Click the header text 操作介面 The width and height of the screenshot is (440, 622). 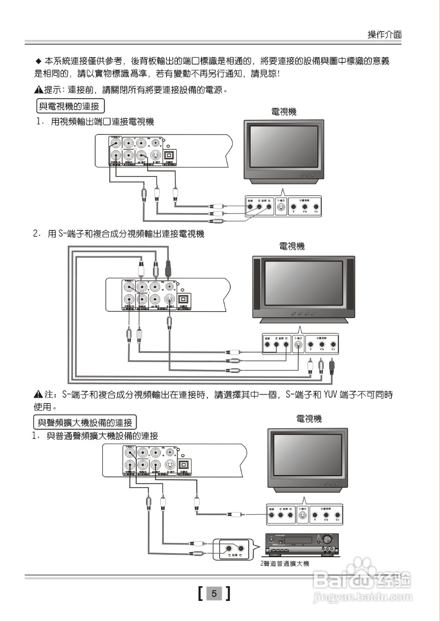tap(384, 34)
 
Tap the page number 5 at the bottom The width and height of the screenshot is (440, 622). tap(214, 594)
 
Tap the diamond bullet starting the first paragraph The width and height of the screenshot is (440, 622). tap(37, 61)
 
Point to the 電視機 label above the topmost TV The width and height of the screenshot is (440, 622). tap(283, 111)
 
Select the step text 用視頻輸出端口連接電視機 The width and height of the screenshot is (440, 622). tap(102, 122)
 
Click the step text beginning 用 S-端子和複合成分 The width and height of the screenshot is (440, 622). tap(126, 234)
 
